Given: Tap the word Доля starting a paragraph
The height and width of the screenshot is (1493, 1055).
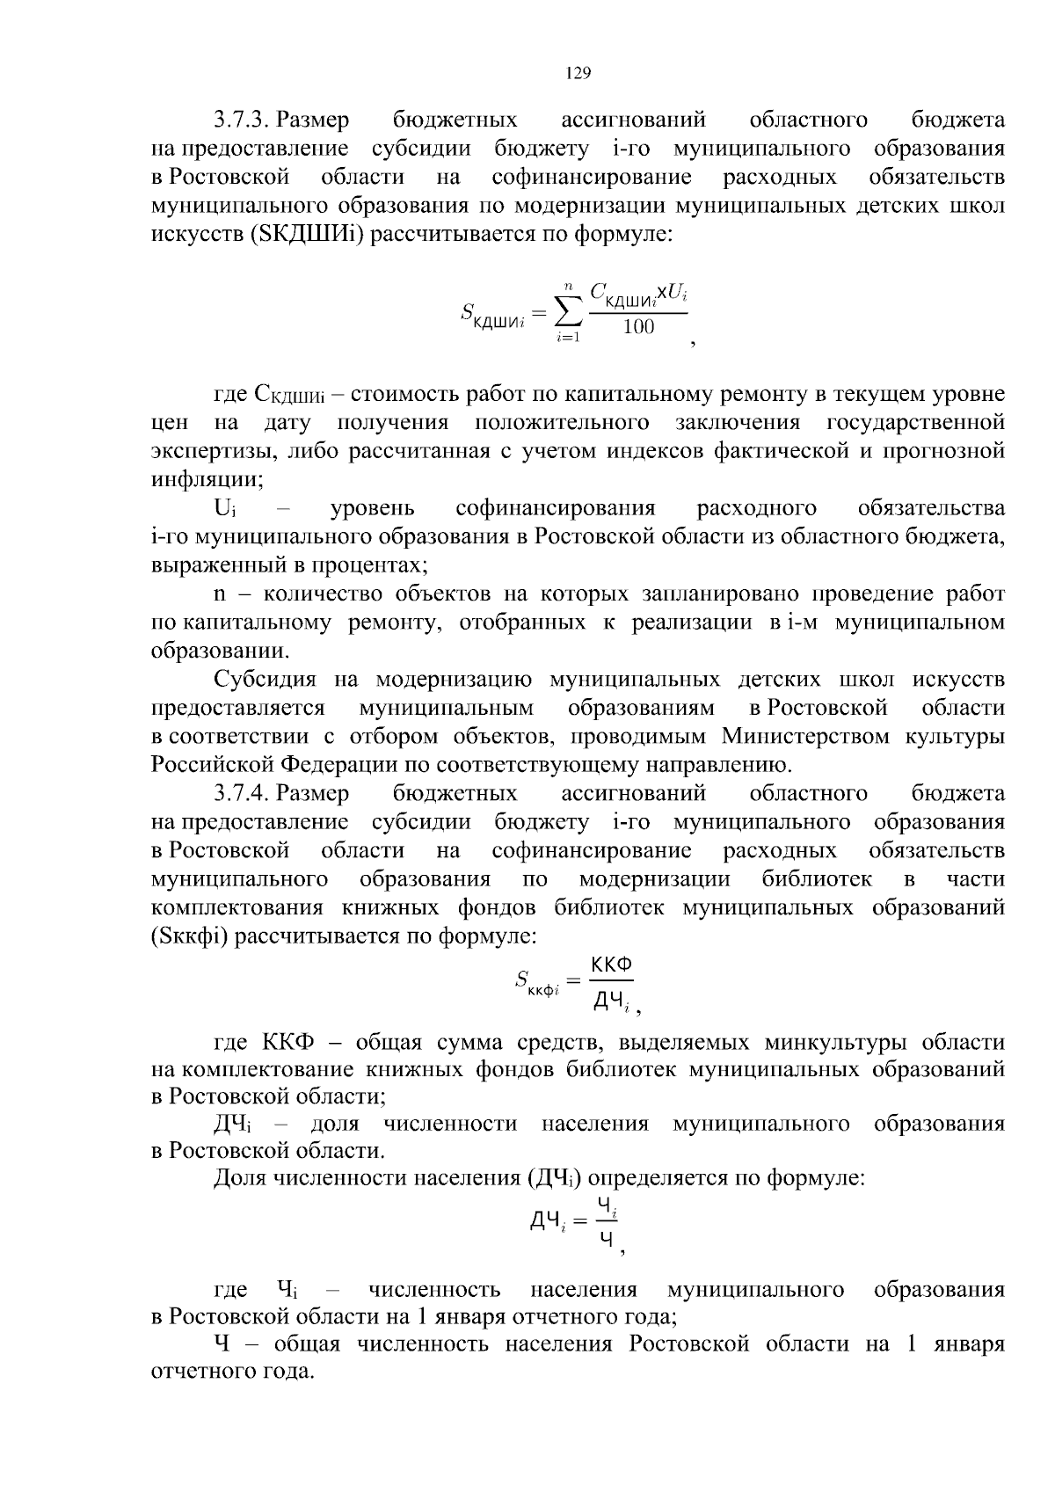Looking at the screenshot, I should pyautogui.click(x=240, y=1178).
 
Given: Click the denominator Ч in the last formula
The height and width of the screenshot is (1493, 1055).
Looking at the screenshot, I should pyautogui.click(x=606, y=1240).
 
